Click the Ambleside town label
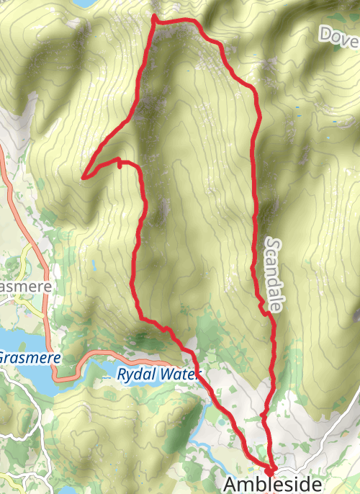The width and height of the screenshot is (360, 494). click(272, 483)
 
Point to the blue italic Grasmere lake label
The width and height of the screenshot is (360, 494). click(28, 357)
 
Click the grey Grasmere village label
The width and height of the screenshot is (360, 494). click(24, 287)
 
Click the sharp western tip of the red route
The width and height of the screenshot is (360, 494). click(84, 176)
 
